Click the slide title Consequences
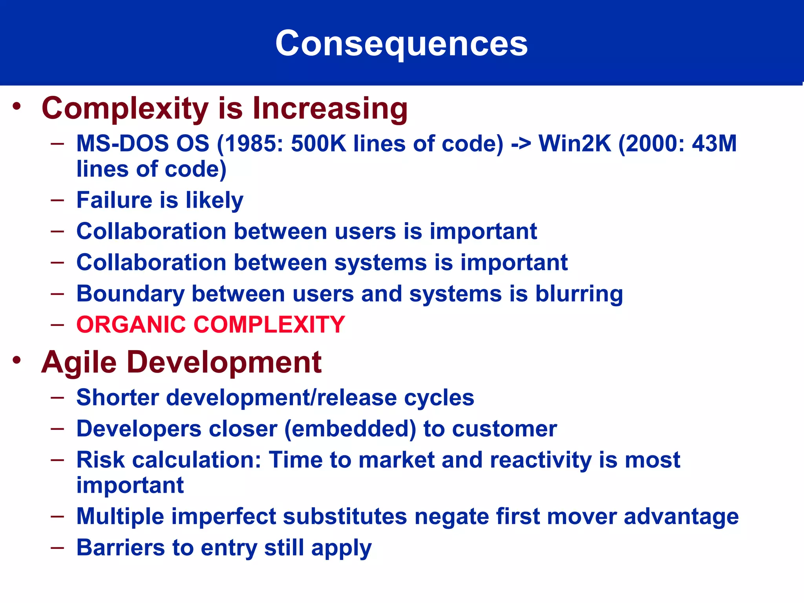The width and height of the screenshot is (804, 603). click(x=401, y=43)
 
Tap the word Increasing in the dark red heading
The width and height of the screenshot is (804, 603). click(x=330, y=108)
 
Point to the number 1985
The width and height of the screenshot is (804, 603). click(x=253, y=144)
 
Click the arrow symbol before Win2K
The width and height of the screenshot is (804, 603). click(x=521, y=144)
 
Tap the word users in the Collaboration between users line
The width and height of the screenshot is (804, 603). click(x=365, y=231)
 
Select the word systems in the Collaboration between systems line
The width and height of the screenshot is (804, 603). click(x=380, y=263)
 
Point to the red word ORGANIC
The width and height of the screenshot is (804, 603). click(x=131, y=325)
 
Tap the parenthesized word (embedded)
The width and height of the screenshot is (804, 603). click(x=350, y=429)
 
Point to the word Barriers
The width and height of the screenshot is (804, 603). click(x=121, y=548)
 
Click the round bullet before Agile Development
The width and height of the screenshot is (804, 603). click(x=16, y=360)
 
